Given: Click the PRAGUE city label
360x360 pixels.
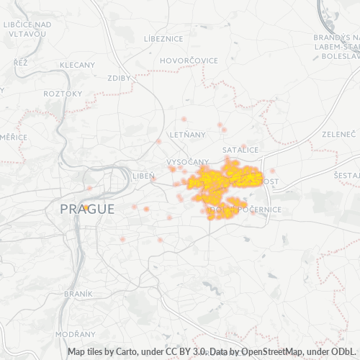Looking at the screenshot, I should pos(86,210).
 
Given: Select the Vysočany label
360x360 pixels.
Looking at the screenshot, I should pos(187,161).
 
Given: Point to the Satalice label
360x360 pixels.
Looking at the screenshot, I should pos(240,149).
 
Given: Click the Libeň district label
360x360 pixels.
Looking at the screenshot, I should pos(143,176).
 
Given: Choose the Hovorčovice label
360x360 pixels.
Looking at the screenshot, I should pos(189,60).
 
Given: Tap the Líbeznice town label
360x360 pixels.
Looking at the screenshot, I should pos(163,37).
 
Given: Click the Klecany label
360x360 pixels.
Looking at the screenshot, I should pos(77,65).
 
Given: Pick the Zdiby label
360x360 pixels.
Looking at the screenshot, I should pos(118,78).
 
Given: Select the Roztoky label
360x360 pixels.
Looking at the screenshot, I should pos(63,94).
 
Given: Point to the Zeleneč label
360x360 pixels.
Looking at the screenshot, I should pos(338,134).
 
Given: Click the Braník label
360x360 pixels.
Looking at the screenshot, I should pos(78,294).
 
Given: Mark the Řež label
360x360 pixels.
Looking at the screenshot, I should pos(20,63).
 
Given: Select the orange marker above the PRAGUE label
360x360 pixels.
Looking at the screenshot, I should pos(86,207).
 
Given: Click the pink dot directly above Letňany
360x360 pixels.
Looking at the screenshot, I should pos(184,119).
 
